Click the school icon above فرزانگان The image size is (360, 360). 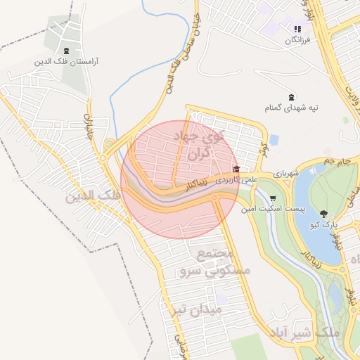point(297,29)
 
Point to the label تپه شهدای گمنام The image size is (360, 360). point(291,108)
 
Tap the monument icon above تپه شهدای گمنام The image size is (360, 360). point(292,96)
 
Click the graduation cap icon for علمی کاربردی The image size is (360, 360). point(236,169)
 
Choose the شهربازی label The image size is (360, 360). point(288,173)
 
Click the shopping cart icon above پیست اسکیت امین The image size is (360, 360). point(273,198)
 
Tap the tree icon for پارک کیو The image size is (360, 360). point(324,213)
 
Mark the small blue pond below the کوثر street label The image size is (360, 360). point(274,139)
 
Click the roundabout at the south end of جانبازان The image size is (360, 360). point(109,145)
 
